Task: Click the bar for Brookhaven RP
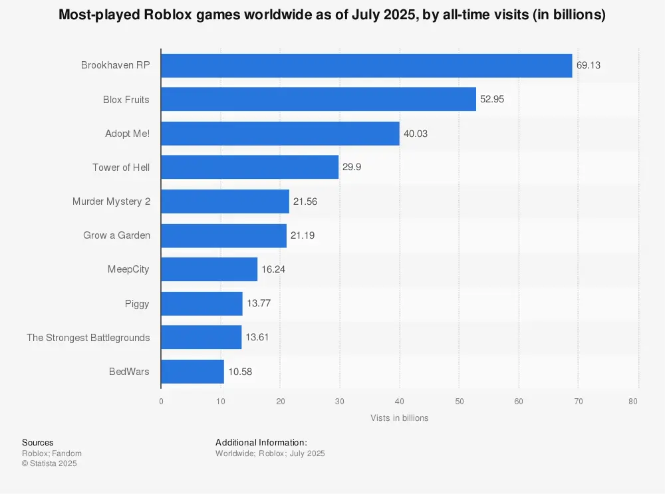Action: (x=366, y=65)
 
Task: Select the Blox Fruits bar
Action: (x=319, y=100)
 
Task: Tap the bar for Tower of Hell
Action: (x=249, y=168)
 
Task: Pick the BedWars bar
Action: (x=192, y=372)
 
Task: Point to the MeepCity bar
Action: (x=209, y=269)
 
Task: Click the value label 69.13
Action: (x=589, y=65)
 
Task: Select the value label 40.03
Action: (x=416, y=134)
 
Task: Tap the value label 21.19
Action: (x=303, y=235)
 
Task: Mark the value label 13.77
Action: (x=258, y=303)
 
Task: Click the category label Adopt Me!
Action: (x=128, y=134)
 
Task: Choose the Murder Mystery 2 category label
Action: (x=111, y=201)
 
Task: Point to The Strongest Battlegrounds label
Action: (x=88, y=338)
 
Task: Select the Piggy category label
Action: (x=138, y=303)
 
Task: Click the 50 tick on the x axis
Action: (x=459, y=401)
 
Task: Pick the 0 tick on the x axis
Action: (x=161, y=401)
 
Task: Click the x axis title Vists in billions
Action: (x=400, y=418)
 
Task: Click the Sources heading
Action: (x=38, y=443)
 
